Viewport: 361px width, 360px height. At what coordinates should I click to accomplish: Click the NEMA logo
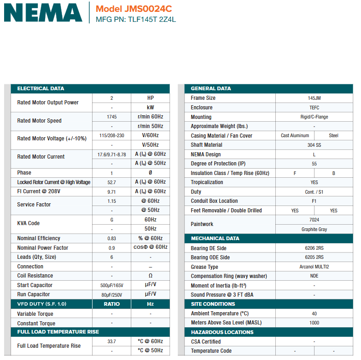[43, 12]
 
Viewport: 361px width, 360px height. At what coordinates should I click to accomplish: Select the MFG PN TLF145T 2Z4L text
[136, 20]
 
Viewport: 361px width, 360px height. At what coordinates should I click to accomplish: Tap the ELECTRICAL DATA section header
[41, 88]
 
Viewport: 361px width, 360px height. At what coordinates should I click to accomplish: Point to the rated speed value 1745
[112, 117]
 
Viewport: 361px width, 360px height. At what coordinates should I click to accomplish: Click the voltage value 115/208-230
[112, 135]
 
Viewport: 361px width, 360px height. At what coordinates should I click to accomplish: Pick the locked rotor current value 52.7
[112, 182]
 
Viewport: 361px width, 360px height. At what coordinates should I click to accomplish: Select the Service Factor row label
[34, 205]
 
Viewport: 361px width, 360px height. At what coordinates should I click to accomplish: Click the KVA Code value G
[112, 219]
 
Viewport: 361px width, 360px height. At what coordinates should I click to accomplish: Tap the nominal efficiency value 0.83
[112, 238]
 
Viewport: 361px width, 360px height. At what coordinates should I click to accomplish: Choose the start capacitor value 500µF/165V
[112, 285]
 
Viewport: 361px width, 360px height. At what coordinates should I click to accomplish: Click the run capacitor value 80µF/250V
[112, 294]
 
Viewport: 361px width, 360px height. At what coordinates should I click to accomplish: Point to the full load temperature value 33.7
[112, 341]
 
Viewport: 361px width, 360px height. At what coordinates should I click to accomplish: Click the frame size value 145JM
[314, 98]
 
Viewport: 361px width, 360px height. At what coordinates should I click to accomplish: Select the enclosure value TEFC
[314, 108]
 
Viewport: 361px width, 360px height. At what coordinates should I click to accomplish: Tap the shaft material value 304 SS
[314, 145]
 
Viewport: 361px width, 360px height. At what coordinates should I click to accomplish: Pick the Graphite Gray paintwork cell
[314, 229]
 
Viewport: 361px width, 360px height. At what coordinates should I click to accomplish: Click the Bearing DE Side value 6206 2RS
[314, 248]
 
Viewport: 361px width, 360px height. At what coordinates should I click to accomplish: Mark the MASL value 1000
[314, 323]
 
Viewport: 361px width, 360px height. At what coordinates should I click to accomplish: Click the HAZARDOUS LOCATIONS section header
[222, 332]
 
